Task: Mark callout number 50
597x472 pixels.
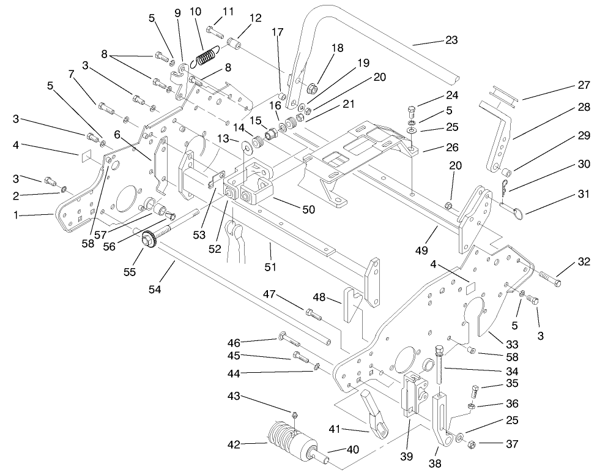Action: click(308, 209)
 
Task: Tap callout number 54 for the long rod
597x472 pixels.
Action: click(155, 290)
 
